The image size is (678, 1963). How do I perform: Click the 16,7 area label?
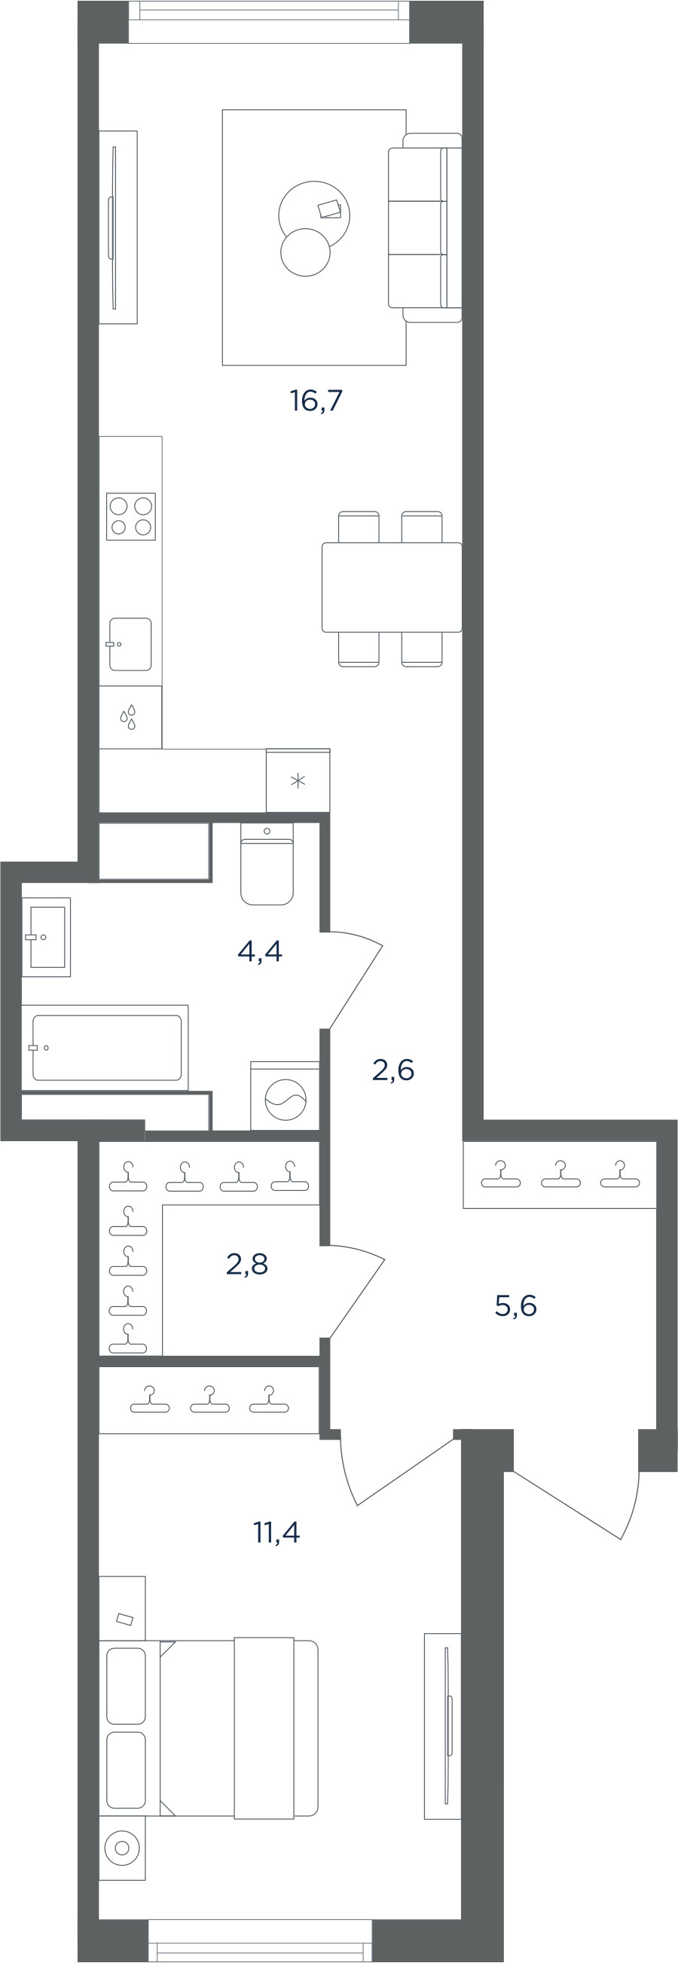(316, 400)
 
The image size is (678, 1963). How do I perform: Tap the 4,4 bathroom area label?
(260, 951)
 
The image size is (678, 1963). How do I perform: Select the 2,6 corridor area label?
(393, 1070)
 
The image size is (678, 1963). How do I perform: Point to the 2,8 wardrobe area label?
(247, 1264)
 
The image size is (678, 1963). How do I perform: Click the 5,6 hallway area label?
(516, 1305)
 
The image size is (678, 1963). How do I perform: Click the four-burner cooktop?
(131, 517)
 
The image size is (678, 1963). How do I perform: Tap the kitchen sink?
(130, 644)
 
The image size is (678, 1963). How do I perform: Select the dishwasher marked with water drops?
(130, 717)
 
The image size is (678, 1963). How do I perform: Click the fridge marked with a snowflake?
(298, 780)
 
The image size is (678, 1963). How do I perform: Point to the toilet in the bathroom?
(267, 863)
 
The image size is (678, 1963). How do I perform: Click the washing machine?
(285, 1096)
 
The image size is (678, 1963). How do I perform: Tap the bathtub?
(105, 1048)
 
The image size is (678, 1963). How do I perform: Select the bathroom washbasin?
(47, 936)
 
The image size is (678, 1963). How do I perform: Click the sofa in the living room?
(425, 227)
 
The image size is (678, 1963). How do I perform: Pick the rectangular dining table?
(392, 587)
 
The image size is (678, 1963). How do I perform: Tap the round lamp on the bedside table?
(121, 1847)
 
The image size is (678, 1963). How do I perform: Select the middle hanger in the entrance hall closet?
(560, 1174)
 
